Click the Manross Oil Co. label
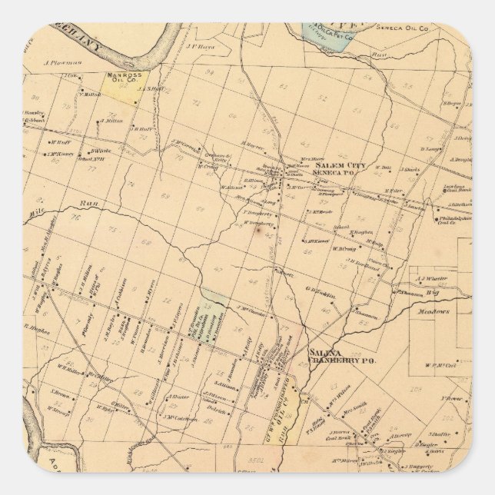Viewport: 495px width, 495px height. [119, 78]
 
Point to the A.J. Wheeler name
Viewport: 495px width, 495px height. [432, 279]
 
